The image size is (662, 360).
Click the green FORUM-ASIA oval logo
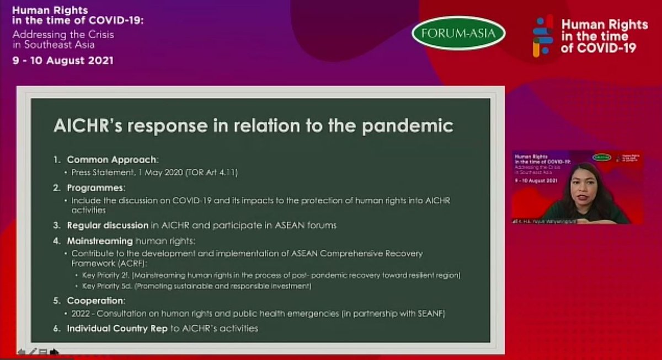tap(458, 33)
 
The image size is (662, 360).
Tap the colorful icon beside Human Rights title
tap(542, 36)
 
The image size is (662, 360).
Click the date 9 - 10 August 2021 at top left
tap(63, 61)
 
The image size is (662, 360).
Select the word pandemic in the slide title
tap(408, 126)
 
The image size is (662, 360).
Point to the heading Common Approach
tap(112, 160)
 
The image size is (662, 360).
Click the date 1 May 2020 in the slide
tap(147, 173)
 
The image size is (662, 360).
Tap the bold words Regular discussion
tap(108, 225)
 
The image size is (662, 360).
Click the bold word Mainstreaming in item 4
tap(100, 241)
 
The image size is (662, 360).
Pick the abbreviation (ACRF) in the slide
tap(126, 264)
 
